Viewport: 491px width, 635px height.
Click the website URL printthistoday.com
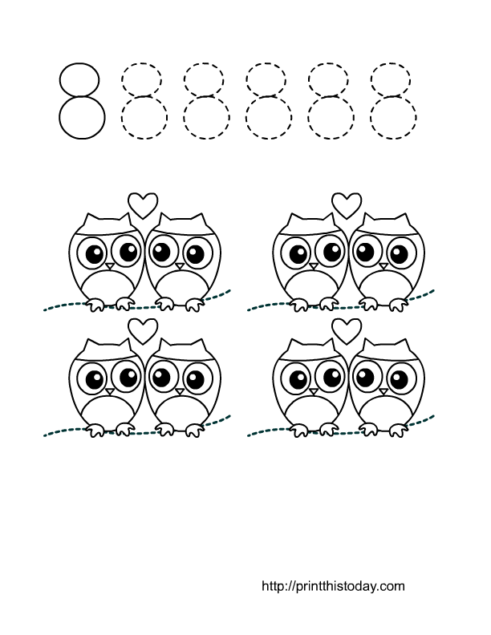tap(333, 586)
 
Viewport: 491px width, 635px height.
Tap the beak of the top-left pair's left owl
tap(110, 266)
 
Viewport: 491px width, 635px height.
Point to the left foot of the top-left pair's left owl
tap(96, 305)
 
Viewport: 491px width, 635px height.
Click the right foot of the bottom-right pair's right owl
tap(397, 430)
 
